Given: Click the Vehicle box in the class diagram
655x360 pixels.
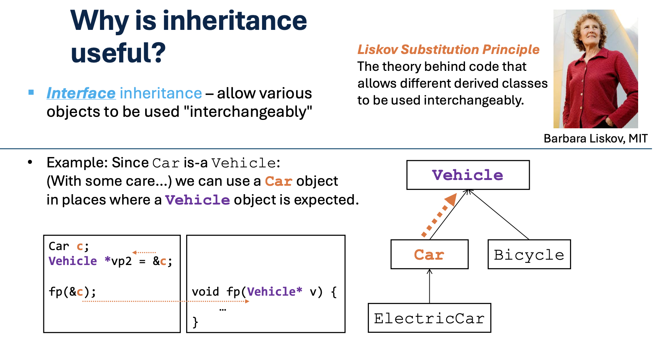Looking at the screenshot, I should pyautogui.click(x=468, y=175).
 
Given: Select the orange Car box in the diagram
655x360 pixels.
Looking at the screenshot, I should pyautogui.click(x=429, y=255).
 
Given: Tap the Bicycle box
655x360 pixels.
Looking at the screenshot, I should pyautogui.click(x=529, y=255).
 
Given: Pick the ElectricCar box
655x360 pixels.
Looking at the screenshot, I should pyautogui.click(x=429, y=318).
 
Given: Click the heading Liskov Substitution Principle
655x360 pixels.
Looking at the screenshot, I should pyautogui.click(x=448, y=49).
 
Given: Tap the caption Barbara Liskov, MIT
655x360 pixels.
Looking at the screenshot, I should pyautogui.click(x=595, y=138).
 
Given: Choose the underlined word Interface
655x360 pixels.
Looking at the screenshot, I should pyautogui.click(x=81, y=93).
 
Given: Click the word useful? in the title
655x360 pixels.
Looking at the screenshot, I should pyautogui.click(x=118, y=52).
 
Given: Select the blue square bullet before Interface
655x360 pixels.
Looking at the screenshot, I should pyautogui.click(x=31, y=92).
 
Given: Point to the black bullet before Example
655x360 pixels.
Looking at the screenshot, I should pyautogui.click(x=30, y=162).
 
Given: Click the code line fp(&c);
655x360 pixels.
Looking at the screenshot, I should pyautogui.click(x=72, y=292).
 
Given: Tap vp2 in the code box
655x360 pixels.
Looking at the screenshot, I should pyautogui.click(x=121, y=261).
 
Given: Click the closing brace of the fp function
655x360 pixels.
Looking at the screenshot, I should pyautogui.click(x=195, y=322).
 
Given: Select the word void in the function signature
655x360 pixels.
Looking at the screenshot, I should pyautogui.click(x=205, y=292).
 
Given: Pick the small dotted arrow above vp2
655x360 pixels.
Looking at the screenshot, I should pyautogui.click(x=144, y=252).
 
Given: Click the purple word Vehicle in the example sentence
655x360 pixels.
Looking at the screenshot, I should pyautogui.click(x=197, y=200).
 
